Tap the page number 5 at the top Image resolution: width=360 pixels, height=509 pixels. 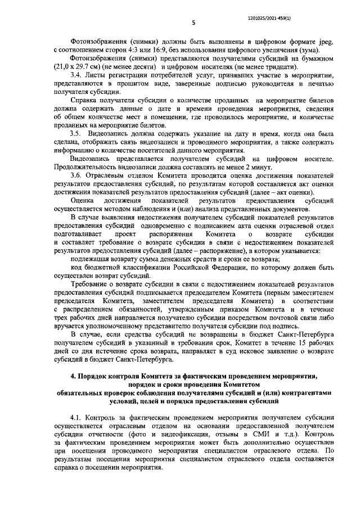(193, 23)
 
